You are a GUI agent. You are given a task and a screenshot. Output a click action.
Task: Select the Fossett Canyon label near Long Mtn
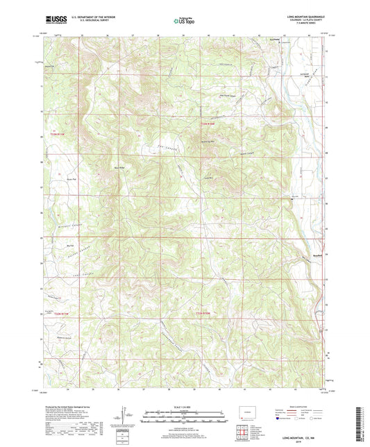[x=243, y=153]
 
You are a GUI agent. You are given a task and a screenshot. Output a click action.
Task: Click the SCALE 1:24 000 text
[x=184, y=407]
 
